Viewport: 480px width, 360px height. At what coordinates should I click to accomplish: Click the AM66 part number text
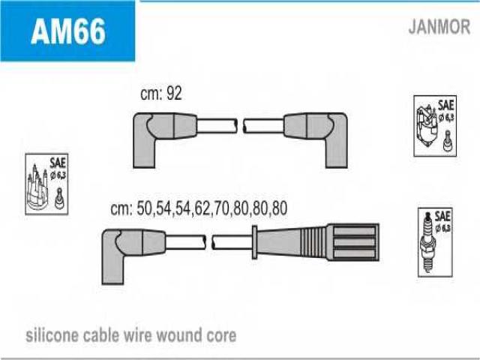67,31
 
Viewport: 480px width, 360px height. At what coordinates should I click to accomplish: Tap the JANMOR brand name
439,28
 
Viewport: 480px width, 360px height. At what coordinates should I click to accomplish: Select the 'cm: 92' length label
161,94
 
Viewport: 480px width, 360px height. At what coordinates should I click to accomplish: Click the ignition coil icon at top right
434,126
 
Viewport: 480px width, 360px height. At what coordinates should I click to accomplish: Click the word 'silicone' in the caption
52,334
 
